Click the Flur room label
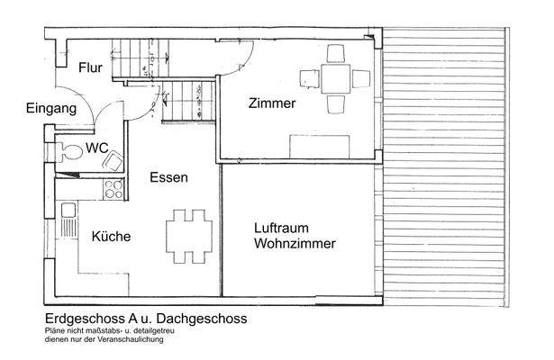click(89, 67)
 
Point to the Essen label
click(169, 178)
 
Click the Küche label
click(111, 237)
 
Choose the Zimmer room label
click(272, 104)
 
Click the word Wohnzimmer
click(295, 244)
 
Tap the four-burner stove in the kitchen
click(114, 189)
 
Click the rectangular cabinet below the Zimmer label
click(320, 143)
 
